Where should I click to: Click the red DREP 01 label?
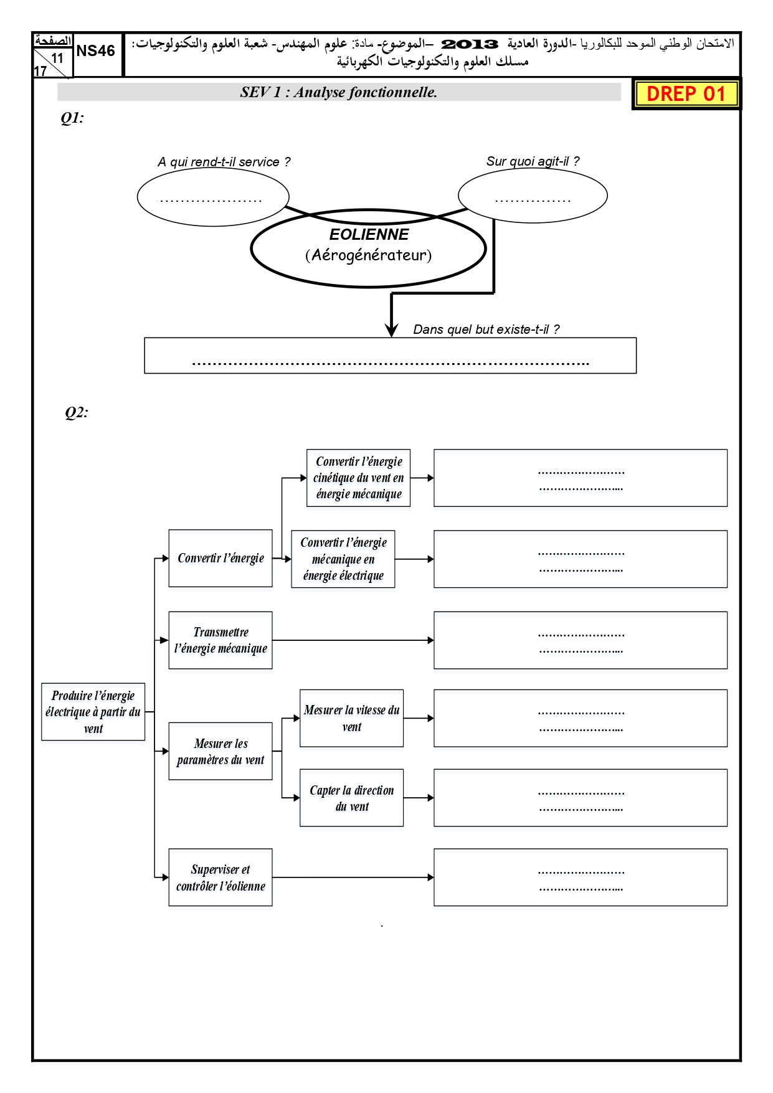pos(686,94)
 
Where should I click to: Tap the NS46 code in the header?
pos(96,51)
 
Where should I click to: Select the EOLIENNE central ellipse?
pos(368,248)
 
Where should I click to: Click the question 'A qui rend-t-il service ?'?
pos(224,162)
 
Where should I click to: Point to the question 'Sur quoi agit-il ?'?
pos(533,161)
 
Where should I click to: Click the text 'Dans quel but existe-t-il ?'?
pos(486,329)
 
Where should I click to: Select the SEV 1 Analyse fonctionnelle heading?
pos(339,92)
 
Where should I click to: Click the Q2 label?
pos(77,412)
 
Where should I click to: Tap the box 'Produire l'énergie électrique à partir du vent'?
pos(93,712)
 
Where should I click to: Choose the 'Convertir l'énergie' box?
pos(221,558)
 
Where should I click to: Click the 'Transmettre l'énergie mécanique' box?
pos(221,640)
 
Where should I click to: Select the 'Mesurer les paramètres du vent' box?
pos(221,751)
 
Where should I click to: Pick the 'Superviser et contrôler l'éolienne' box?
pos(221,878)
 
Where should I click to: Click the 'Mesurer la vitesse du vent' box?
pos(352,718)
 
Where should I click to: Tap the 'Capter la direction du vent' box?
pos(352,798)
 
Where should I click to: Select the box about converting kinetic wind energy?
pos(359,478)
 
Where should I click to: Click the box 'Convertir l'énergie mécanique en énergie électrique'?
pos(343,559)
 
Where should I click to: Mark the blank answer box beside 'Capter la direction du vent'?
pos(581,798)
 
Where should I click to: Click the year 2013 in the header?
pos(470,44)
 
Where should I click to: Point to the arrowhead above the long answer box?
pos(391,330)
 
